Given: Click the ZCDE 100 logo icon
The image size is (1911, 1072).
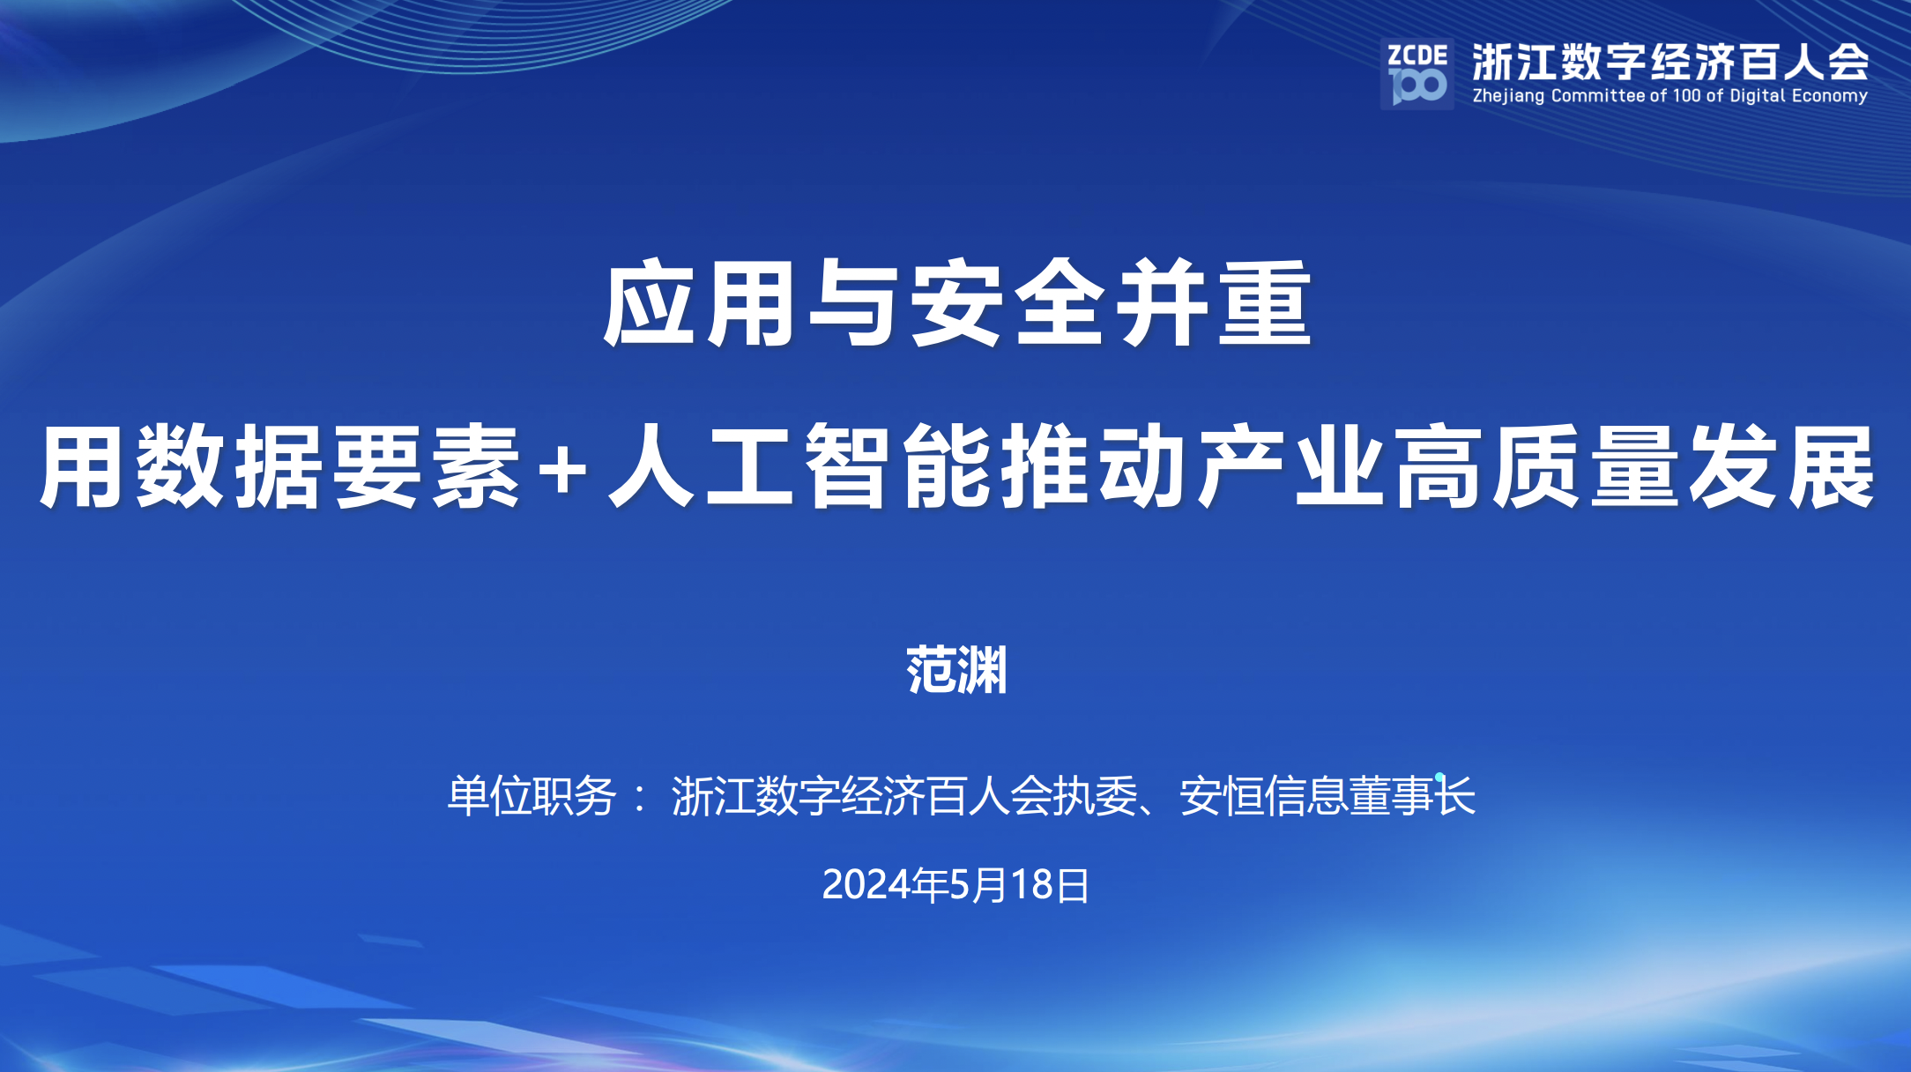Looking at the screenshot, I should coord(1417,74).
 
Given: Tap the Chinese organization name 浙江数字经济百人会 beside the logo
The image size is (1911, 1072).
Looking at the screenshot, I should coord(1669,62).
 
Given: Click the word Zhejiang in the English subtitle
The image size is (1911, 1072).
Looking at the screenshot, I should coord(1508,96).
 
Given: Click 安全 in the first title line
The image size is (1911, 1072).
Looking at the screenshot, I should coord(1007,303).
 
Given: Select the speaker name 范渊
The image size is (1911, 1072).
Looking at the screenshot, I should coord(956,670).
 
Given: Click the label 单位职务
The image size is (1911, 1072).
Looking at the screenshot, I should coord(532,796).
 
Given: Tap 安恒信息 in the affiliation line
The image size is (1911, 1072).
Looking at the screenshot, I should coord(1263,796).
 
